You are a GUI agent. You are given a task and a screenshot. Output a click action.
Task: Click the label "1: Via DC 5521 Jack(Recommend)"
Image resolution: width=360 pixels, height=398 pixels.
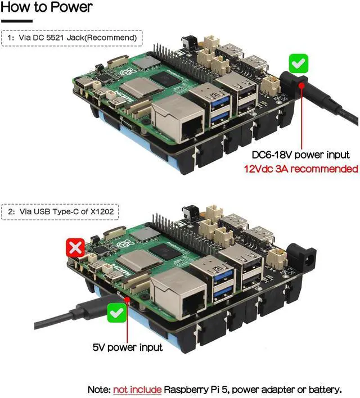tap(72, 38)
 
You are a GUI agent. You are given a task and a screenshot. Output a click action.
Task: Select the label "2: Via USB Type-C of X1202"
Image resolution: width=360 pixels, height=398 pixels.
tap(63, 212)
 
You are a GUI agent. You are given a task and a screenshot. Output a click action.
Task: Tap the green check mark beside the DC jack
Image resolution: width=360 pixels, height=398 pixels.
tap(298, 63)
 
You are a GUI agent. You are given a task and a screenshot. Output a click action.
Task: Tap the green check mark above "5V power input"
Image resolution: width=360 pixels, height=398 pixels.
tap(117, 313)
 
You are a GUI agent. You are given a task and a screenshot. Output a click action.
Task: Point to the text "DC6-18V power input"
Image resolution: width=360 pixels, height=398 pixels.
tap(300, 155)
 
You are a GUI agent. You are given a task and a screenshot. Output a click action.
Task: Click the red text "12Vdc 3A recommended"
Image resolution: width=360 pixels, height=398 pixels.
tap(300, 168)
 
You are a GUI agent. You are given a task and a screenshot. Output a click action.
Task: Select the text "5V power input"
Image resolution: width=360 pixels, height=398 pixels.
tap(128, 347)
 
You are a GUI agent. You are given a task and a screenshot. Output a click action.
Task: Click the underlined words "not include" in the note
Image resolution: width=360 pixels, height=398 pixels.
tap(137, 390)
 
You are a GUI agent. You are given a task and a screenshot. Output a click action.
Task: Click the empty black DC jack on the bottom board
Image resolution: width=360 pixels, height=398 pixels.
tap(303, 256)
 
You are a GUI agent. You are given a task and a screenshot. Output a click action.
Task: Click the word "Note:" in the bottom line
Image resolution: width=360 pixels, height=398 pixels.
tap(99, 390)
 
